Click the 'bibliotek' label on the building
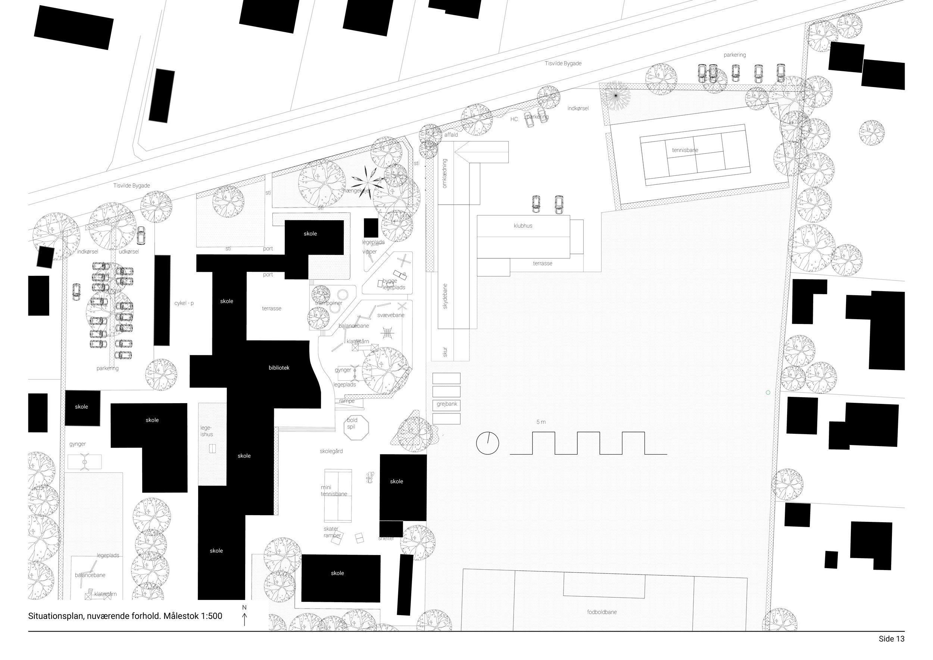pyautogui.click(x=279, y=368)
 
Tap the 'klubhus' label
pyautogui.click(x=522, y=226)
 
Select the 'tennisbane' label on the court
pyautogui.click(x=685, y=150)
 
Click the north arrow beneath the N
pyautogui.click(x=244, y=620)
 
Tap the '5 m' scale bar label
pyautogui.click(x=541, y=422)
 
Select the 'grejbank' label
pyautogui.click(x=447, y=404)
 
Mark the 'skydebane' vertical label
pyautogui.click(x=445, y=296)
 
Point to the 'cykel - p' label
pyautogui.click(x=184, y=303)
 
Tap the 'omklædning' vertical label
pyautogui.click(x=444, y=174)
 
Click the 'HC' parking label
pyautogui.click(x=514, y=119)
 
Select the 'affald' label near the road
pyautogui.click(x=451, y=135)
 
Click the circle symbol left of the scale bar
pyautogui.click(x=487, y=443)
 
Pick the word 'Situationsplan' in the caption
pyautogui.click(x=56, y=616)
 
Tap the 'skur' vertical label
pyautogui.click(x=445, y=352)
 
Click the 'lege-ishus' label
pyautogui.click(x=206, y=431)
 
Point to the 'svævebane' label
pyautogui.click(x=390, y=315)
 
